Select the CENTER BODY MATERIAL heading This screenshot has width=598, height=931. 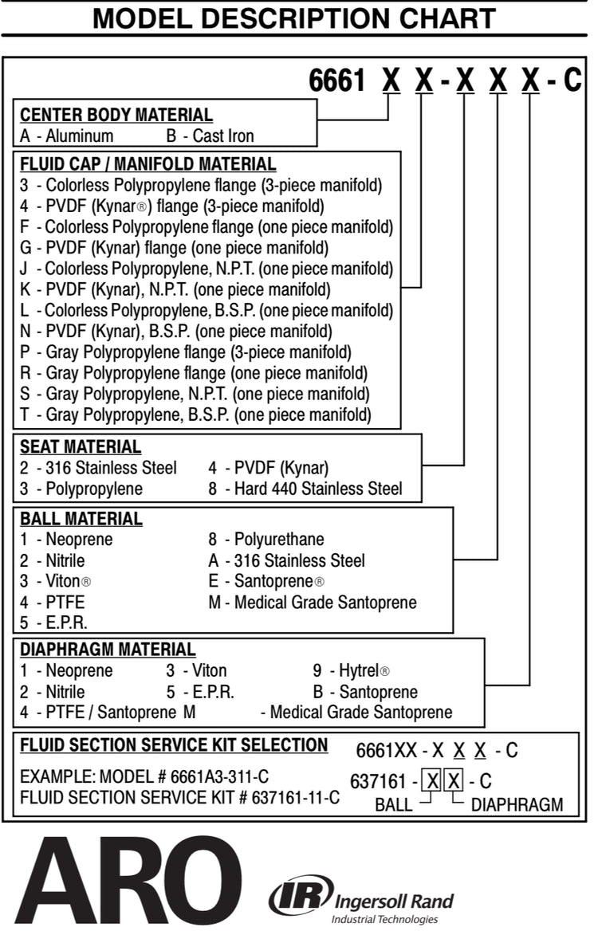click(116, 115)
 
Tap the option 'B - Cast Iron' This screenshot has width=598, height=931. click(210, 136)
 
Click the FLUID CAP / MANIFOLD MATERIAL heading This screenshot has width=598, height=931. click(148, 164)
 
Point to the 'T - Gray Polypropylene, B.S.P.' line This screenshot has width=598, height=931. click(195, 414)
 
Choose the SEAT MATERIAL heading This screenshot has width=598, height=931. click(80, 446)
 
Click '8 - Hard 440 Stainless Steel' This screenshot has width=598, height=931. click(305, 488)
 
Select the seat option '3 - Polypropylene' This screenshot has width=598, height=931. click(81, 488)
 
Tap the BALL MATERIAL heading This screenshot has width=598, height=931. click(81, 519)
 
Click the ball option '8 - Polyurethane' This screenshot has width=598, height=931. click(266, 540)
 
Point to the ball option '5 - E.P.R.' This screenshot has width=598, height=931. click(53, 623)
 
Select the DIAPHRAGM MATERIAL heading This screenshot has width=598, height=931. click(108, 650)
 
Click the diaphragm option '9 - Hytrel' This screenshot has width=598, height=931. click(351, 670)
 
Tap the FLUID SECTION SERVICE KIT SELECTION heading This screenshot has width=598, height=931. click(174, 745)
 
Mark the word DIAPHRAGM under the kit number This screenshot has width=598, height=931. click(517, 804)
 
